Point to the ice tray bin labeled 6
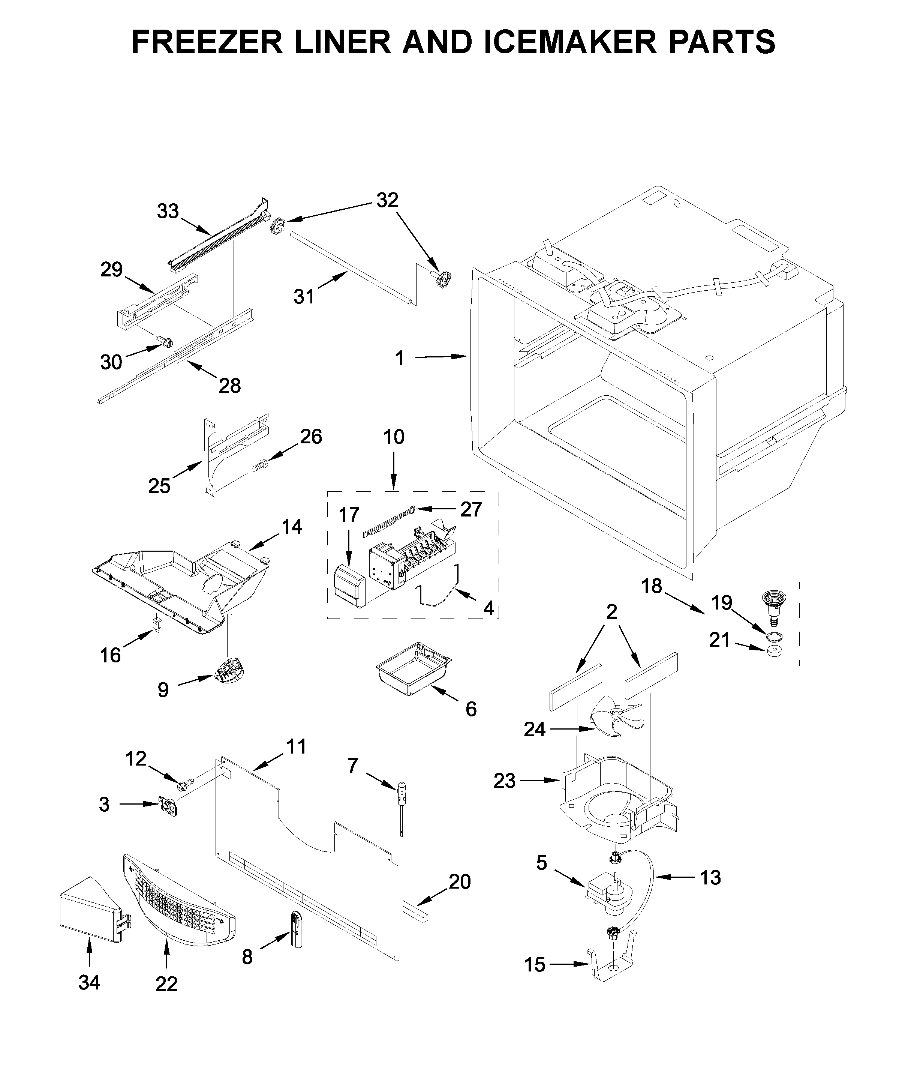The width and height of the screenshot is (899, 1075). pyautogui.click(x=414, y=668)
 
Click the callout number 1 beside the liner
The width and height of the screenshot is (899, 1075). pyautogui.click(x=400, y=358)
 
